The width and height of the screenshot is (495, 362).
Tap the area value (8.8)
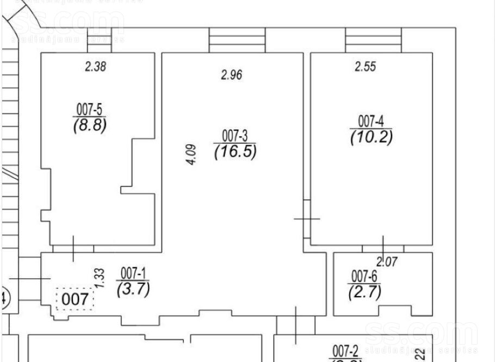pyautogui.click(x=89, y=125)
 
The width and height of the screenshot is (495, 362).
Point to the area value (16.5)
pyautogui.click(x=235, y=151)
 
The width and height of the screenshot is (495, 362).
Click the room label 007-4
pyautogui.click(x=371, y=120)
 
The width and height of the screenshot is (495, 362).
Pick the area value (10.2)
pyautogui.click(x=371, y=136)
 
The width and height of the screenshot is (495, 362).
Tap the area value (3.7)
pyautogui.click(x=133, y=288)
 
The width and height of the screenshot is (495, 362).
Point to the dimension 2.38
pyautogui.click(x=95, y=67)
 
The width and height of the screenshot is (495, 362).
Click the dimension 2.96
pyautogui.click(x=231, y=76)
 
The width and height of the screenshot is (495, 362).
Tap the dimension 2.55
pyautogui.click(x=365, y=67)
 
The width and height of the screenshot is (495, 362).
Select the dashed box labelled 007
pyautogui.click(x=75, y=299)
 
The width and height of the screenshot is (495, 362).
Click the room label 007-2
pyautogui.click(x=346, y=349)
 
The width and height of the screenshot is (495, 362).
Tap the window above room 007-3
pyautogui.click(x=237, y=40)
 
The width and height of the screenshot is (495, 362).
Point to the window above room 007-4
pyautogui.click(x=373, y=40)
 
